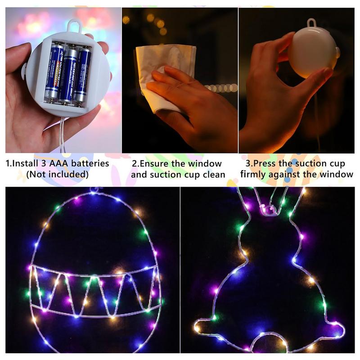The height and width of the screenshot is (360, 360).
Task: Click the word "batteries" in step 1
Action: (89, 163)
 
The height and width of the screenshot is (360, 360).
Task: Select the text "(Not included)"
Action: (57, 174)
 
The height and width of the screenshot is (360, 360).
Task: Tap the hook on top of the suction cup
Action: (312, 22)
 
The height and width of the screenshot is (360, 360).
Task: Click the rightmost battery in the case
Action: (83, 74)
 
